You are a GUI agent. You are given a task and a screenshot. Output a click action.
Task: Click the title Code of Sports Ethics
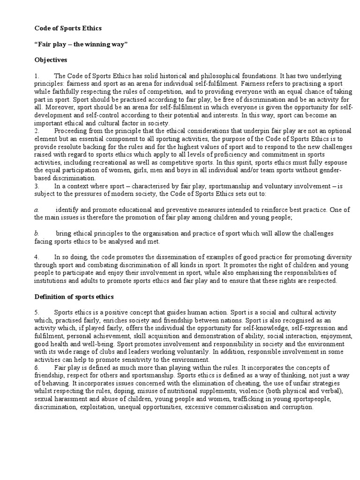coord(68,29)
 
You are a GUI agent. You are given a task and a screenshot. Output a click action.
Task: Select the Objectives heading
coord(51,60)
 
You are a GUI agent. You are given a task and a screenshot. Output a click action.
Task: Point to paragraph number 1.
coord(36,76)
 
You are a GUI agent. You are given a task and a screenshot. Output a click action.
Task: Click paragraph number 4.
coord(36,257)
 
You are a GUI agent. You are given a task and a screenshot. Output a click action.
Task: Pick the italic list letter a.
coord(36,210)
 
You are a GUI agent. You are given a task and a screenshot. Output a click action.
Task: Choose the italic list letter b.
coord(36,233)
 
